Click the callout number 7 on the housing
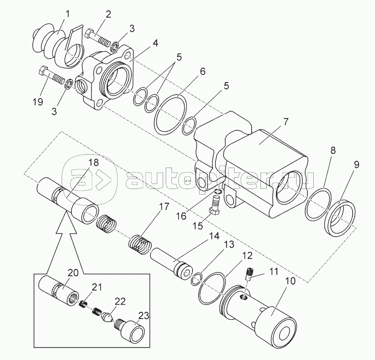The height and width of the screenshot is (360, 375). pos(285,123)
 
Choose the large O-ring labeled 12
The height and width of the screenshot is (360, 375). pos(210,288)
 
